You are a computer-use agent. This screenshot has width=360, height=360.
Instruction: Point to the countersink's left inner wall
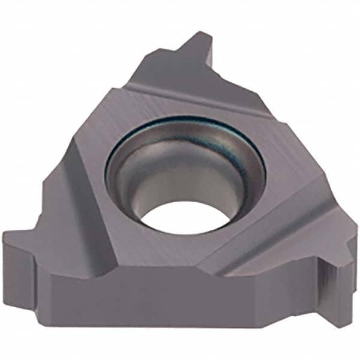click(x=123, y=180)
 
